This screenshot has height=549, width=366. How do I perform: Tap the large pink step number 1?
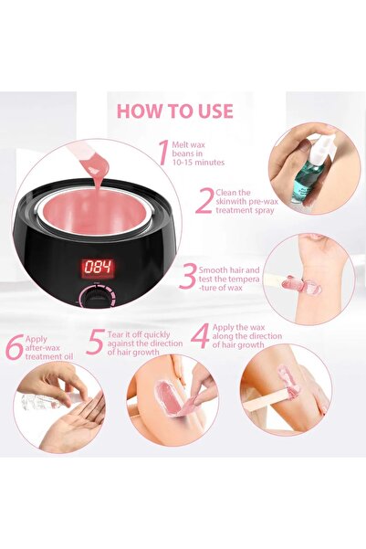163,153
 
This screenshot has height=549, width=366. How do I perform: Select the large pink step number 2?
204,201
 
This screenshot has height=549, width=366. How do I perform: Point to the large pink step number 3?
189,277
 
